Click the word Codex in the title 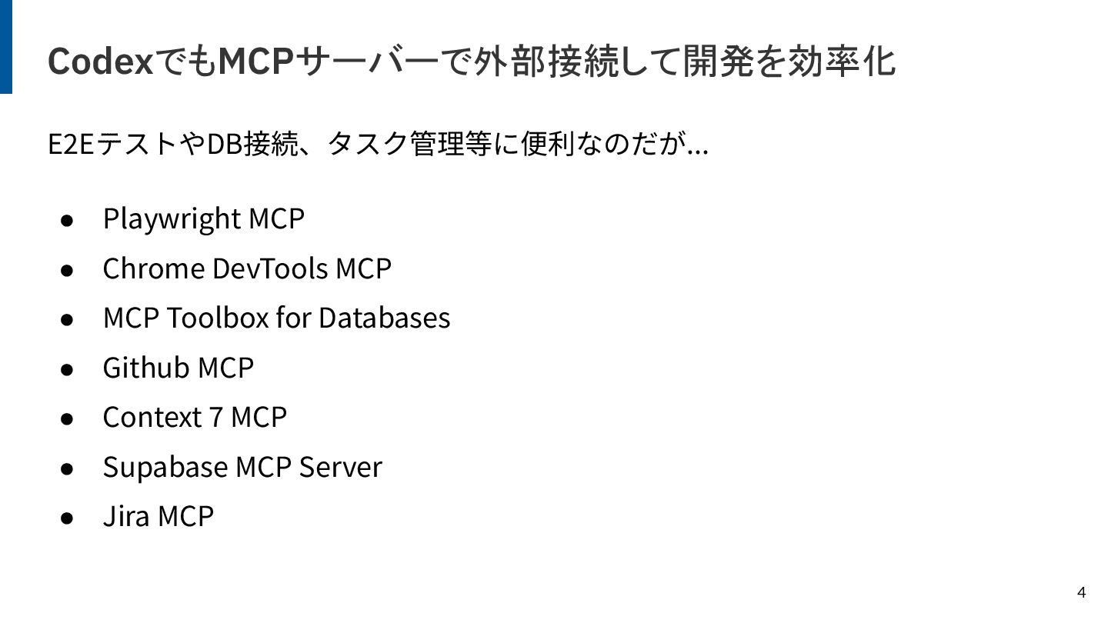click(100, 62)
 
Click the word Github click(146, 368)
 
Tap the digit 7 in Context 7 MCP click(216, 417)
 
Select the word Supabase click(165, 467)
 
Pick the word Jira click(126, 515)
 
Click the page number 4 click(1081, 592)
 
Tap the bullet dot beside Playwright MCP click(67, 220)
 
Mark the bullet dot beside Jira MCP click(67, 517)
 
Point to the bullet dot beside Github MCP click(67, 368)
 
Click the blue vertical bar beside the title click(6, 46)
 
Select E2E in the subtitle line click(70, 144)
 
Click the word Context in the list click(152, 417)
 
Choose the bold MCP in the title click(257, 62)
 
